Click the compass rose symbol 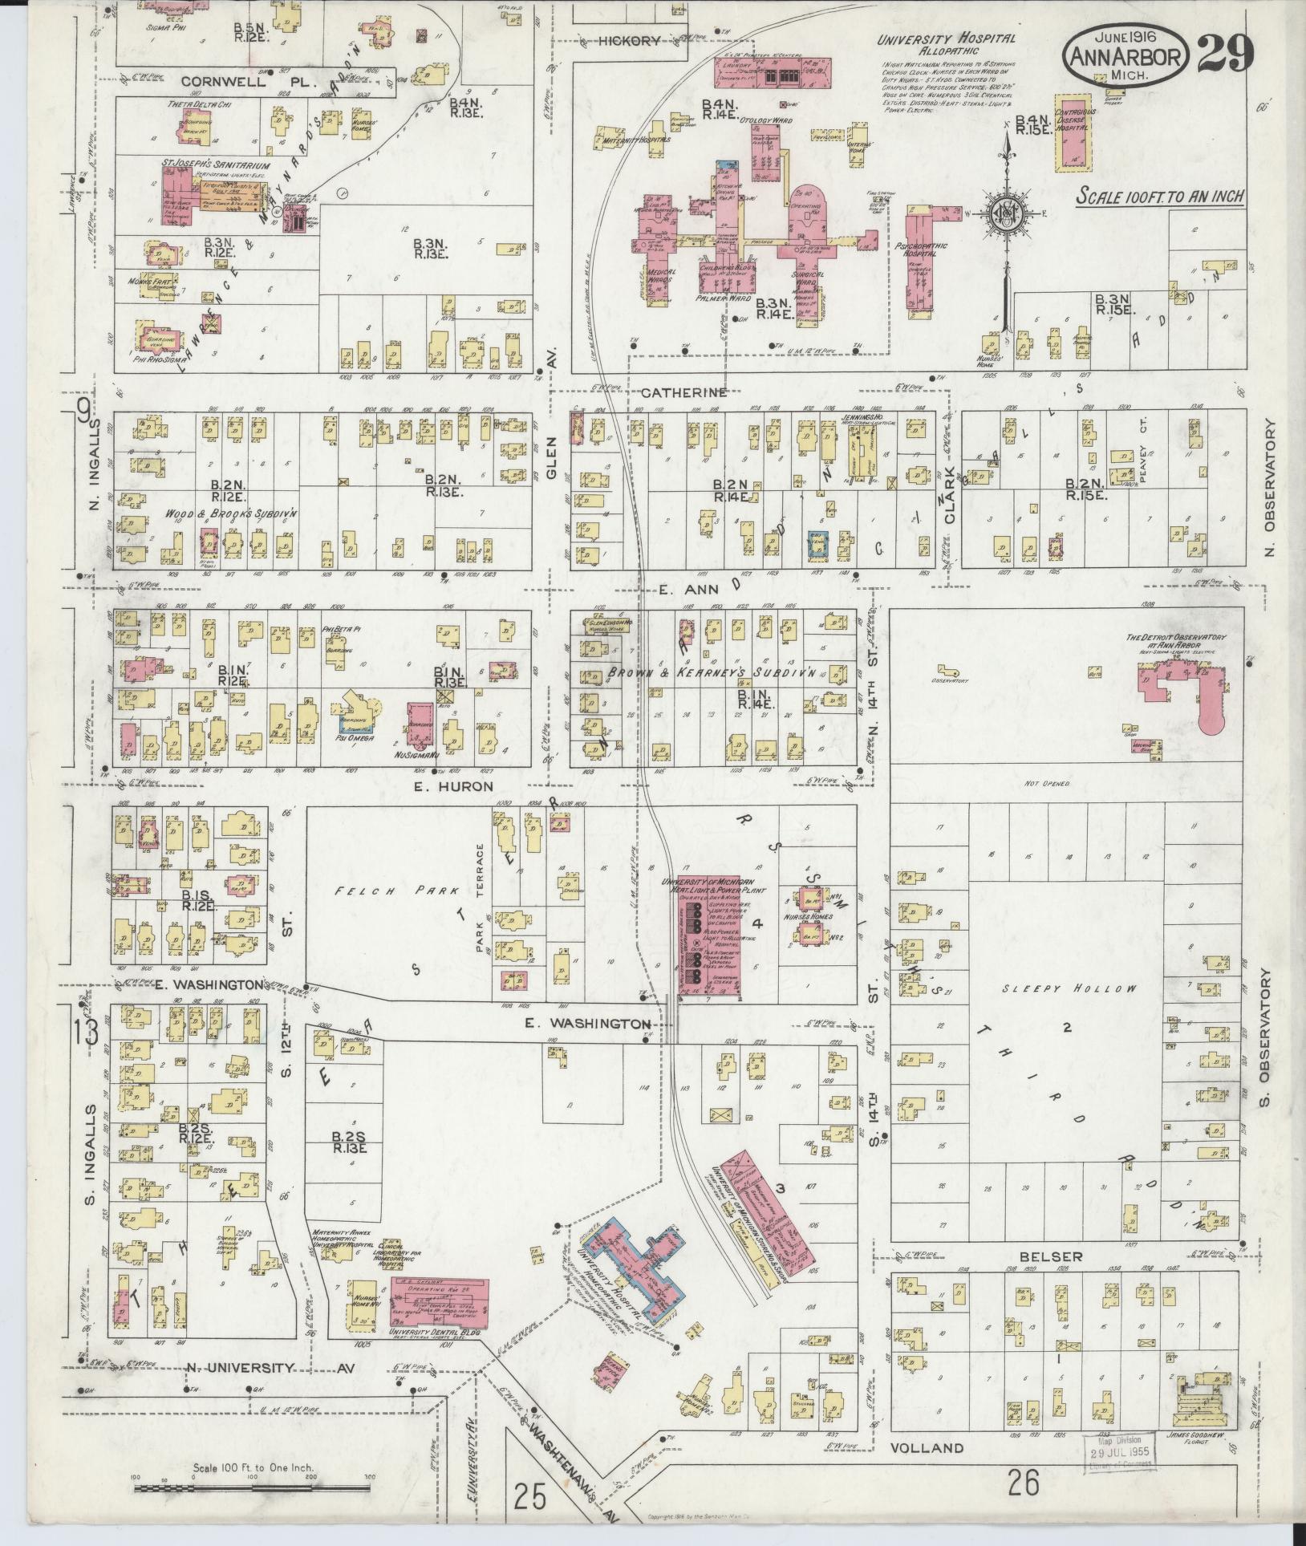tap(1003, 213)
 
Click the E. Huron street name tap(455, 787)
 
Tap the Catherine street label tap(683, 392)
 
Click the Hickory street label tap(631, 40)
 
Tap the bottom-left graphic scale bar tap(251, 1488)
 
